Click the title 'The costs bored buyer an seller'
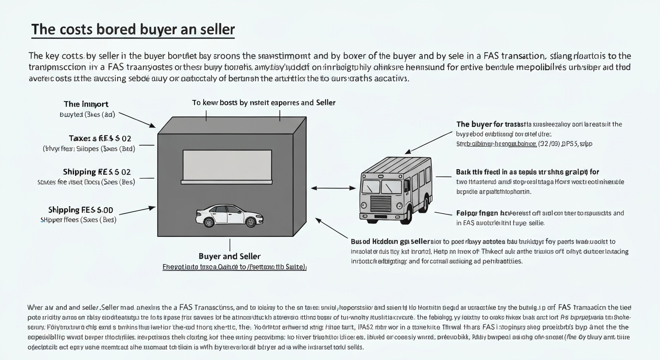click(x=133, y=30)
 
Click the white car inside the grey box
click(x=229, y=215)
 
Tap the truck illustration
click(x=397, y=189)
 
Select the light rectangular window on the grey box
click(x=227, y=166)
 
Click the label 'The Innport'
click(x=86, y=104)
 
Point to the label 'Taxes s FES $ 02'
click(x=100, y=138)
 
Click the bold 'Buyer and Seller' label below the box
click(x=230, y=256)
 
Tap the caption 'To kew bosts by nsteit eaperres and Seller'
click(x=264, y=102)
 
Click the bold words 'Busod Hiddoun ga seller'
click(x=390, y=241)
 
